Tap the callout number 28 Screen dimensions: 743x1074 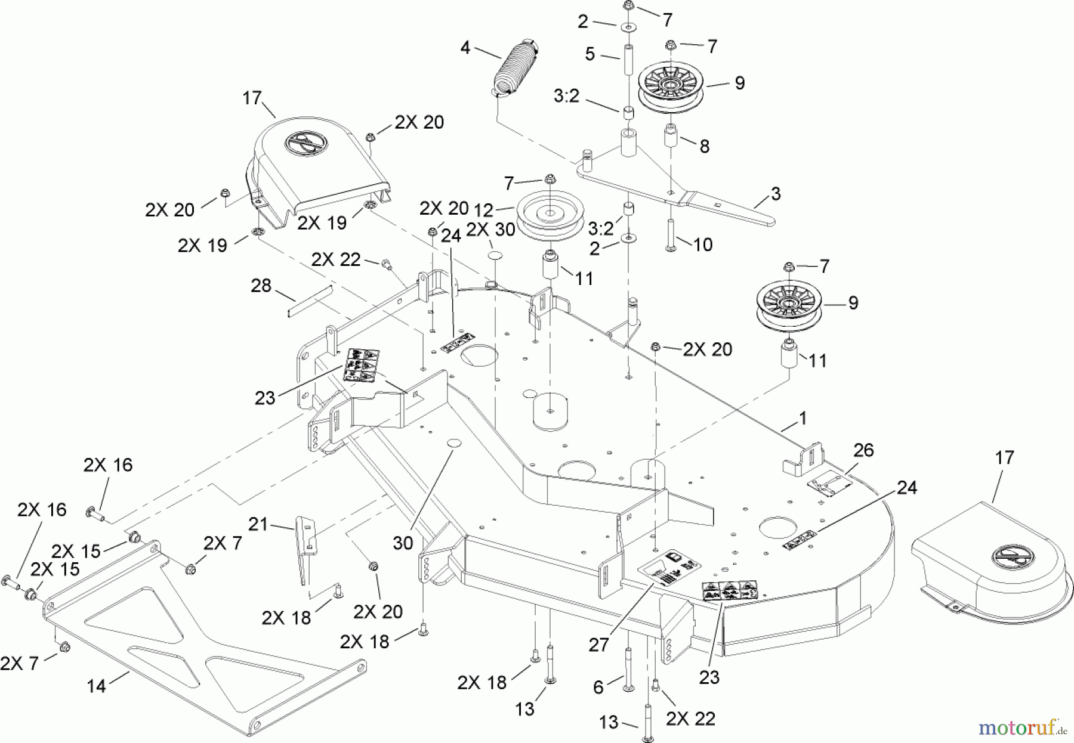[x=261, y=286]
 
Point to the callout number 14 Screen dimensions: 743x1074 [x=96, y=686]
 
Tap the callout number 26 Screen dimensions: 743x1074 [x=863, y=450]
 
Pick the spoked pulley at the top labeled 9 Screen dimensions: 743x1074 [x=671, y=85]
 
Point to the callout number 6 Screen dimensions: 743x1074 [x=599, y=687]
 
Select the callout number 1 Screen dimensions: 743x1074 [x=803, y=419]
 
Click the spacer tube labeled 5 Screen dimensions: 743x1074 [x=629, y=58]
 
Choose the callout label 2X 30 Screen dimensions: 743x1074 [x=490, y=230]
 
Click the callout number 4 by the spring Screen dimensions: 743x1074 [x=465, y=47]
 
